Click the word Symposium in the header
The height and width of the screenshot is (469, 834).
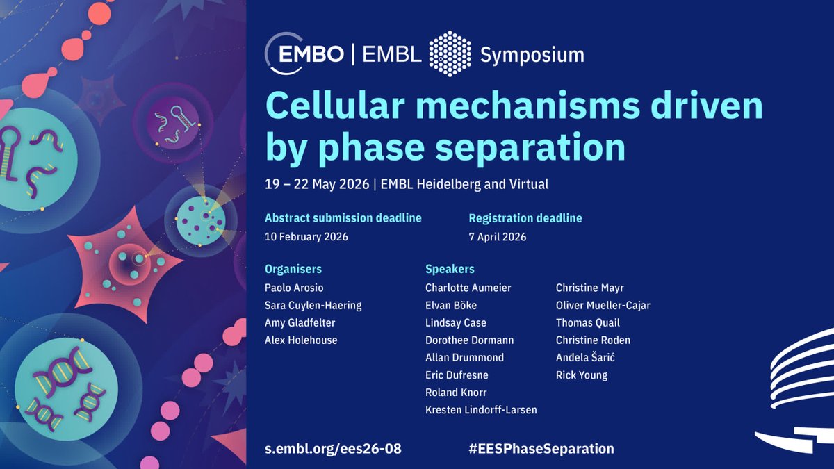coord(532,54)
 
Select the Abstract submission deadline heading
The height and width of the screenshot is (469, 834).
coord(343,218)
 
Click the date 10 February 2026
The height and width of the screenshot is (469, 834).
coord(306,236)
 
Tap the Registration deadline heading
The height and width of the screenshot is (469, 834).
coord(525,218)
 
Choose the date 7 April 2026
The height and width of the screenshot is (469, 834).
coord(498,236)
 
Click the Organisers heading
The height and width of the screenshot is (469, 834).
coord(293,269)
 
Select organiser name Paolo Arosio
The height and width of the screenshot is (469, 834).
coord(294,288)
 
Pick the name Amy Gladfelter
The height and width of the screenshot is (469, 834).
coord(300,322)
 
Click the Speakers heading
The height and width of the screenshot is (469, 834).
coord(450,269)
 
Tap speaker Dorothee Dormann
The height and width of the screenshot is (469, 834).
coord(470,340)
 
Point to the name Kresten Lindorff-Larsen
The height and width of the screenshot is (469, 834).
coord(481,410)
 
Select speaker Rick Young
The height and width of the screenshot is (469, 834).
coord(582,375)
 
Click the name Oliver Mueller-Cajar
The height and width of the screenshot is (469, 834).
coord(603,305)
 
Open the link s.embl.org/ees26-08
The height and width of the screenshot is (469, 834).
coord(333,448)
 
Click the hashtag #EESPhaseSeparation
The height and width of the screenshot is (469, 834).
coord(541,448)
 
